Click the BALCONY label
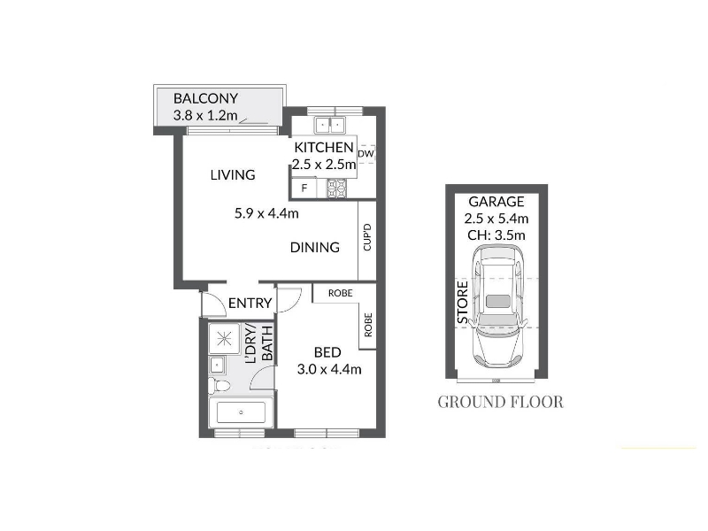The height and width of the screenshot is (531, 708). pyautogui.click(x=205, y=98)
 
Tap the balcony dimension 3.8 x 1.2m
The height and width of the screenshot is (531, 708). pyautogui.click(x=205, y=115)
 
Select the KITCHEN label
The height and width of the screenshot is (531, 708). pyautogui.click(x=324, y=147)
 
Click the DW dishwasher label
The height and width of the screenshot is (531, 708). pyautogui.click(x=366, y=153)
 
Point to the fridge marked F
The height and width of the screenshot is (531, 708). pyautogui.click(x=304, y=188)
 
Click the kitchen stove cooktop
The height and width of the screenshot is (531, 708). pyautogui.click(x=336, y=188)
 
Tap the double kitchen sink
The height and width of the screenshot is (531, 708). pyautogui.click(x=329, y=125)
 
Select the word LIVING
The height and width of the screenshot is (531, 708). pyautogui.click(x=233, y=174)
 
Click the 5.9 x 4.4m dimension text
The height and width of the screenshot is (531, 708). pyautogui.click(x=266, y=213)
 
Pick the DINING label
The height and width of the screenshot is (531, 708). pyautogui.click(x=315, y=247)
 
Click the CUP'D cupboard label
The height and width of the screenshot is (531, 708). pyautogui.click(x=367, y=237)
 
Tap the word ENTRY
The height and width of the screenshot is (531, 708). pyautogui.click(x=250, y=303)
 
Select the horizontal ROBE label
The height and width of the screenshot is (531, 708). pyautogui.click(x=341, y=293)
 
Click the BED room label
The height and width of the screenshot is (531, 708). pyautogui.click(x=327, y=352)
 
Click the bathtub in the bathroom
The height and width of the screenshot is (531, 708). pyautogui.click(x=241, y=412)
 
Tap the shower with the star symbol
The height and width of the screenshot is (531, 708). pyautogui.click(x=224, y=338)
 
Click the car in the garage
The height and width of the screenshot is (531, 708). pyautogui.click(x=496, y=306)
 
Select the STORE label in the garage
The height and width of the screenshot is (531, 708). pyautogui.click(x=463, y=303)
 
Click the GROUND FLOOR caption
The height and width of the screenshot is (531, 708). pyautogui.click(x=500, y=402)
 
